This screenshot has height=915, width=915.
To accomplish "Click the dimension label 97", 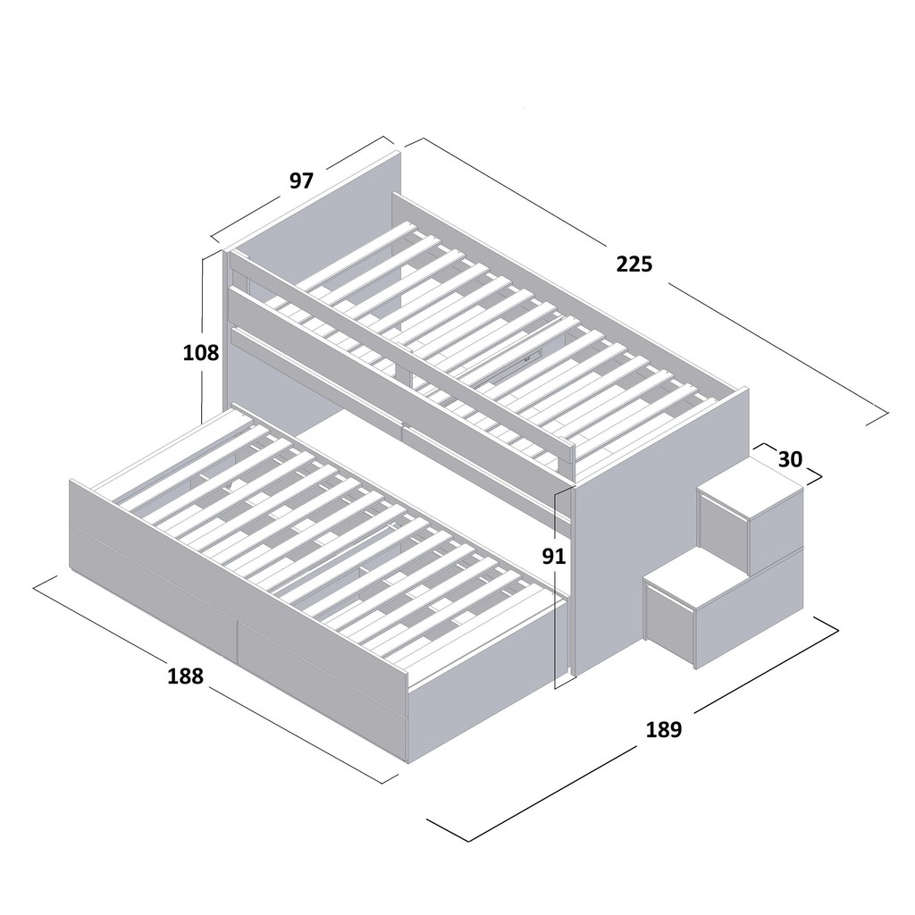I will (302, 180).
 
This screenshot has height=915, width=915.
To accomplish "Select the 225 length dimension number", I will (634, 264).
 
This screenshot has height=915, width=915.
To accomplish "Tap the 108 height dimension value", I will (201, 353).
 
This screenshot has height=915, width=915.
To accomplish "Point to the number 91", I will (555, 557).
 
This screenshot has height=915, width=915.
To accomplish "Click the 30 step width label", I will (790, 459).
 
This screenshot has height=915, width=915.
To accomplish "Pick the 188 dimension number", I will (186, 676).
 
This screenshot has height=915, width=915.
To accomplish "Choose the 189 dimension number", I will (664, 730).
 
